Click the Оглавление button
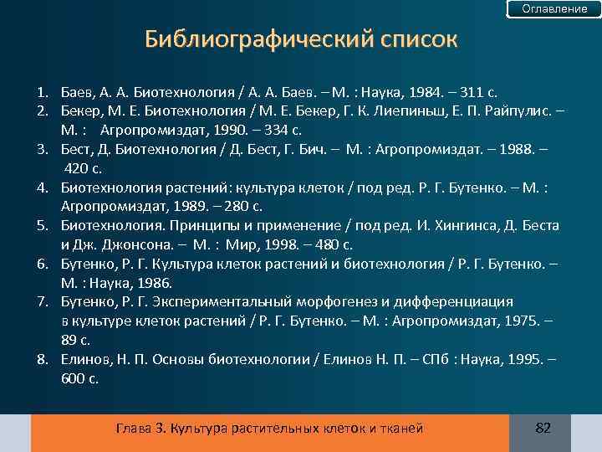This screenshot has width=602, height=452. (554, 9)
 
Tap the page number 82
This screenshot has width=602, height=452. (543, 429)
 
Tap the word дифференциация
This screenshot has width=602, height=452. (459, 301)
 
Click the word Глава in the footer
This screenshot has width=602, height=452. (134, 429)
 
